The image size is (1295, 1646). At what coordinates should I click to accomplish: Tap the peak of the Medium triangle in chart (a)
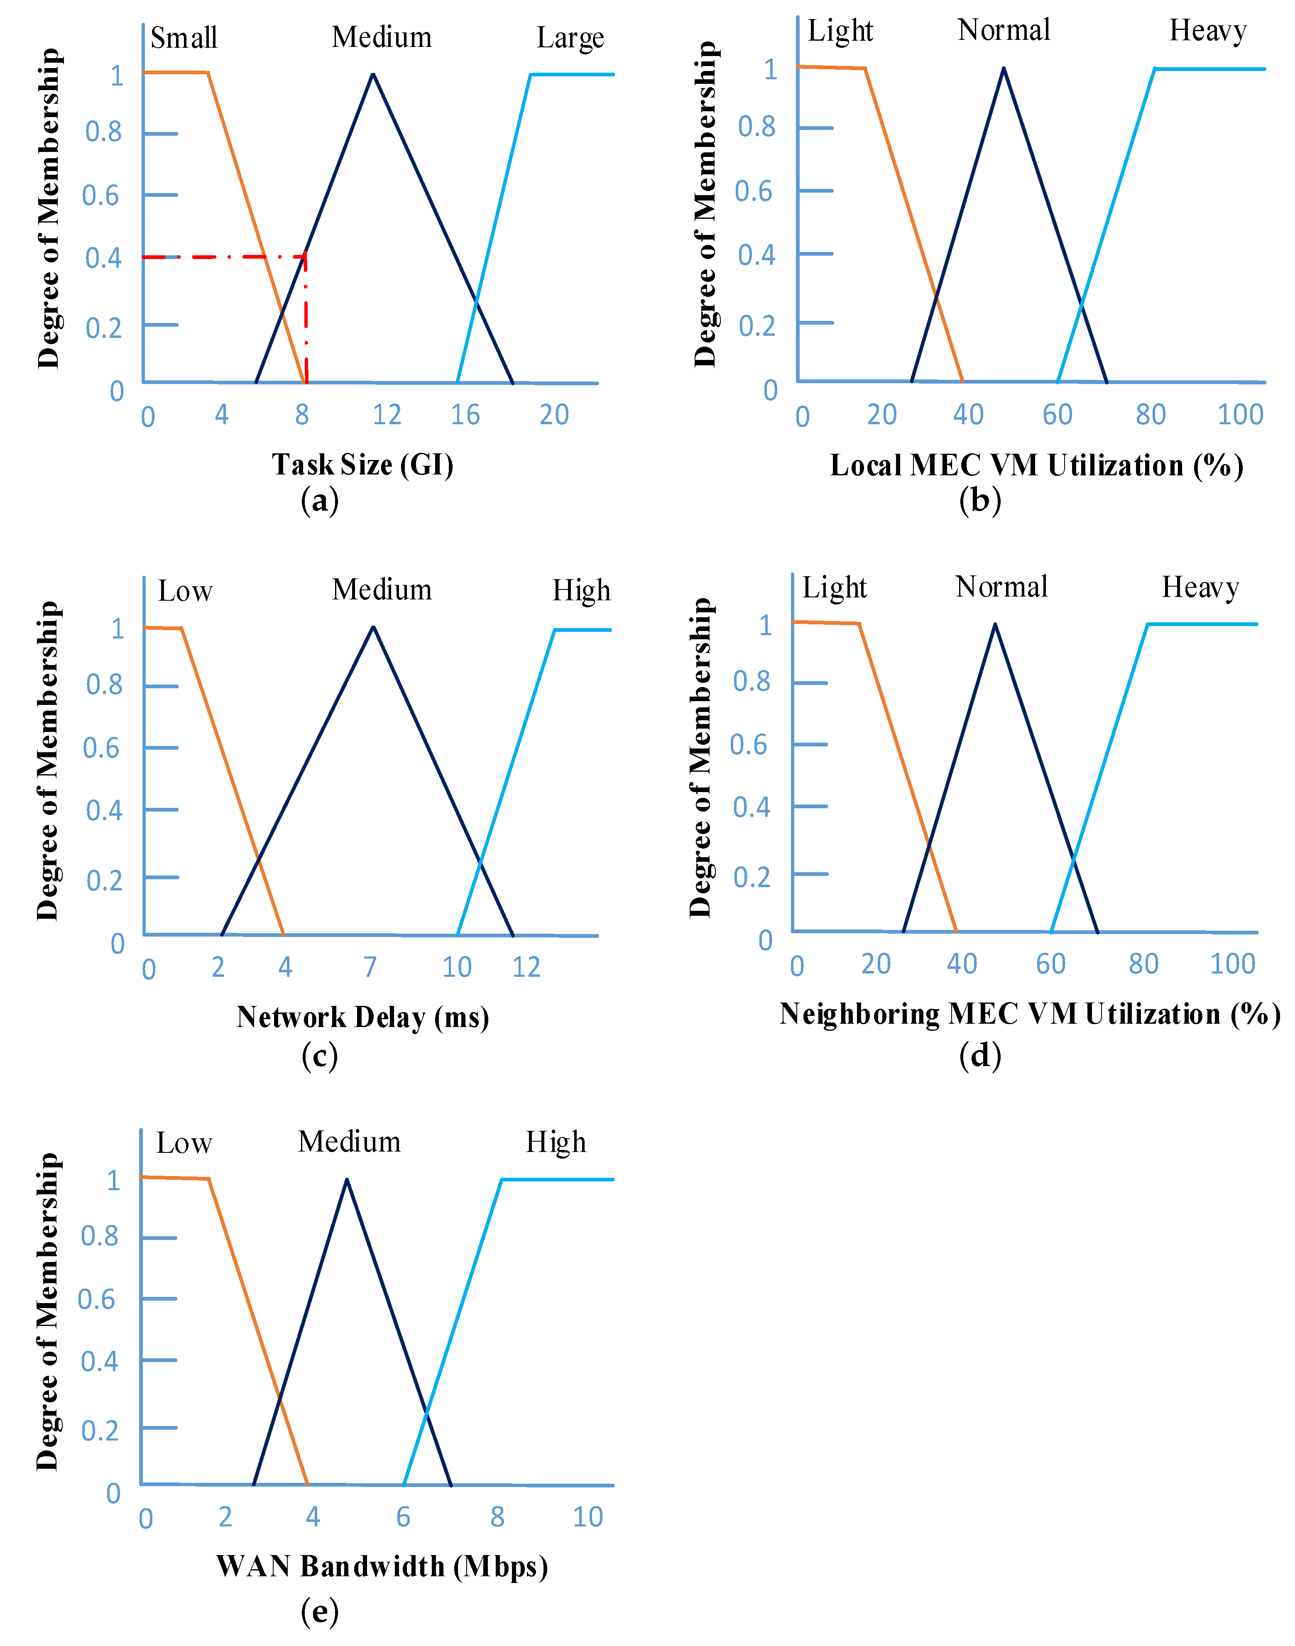(372, 74)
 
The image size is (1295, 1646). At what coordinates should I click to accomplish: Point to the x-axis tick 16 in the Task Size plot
(465, 415)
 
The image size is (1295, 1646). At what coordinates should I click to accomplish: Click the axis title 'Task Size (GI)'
(362, 464)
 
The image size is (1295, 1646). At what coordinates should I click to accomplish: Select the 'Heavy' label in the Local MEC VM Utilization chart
(1207, 31)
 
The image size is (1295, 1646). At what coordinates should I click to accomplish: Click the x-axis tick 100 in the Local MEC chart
(1240, 415)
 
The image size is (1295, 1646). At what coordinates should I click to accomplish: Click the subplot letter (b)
(979, 500)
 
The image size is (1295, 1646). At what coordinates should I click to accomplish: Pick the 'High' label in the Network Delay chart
(581, 591)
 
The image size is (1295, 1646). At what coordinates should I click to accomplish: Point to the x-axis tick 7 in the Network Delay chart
(370, 967)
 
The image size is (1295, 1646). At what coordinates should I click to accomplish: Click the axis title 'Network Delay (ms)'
(362, 1017)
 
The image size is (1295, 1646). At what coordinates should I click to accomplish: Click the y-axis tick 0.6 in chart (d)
(748, 744)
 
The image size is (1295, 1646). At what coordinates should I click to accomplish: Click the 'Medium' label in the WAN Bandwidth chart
(349, 1142)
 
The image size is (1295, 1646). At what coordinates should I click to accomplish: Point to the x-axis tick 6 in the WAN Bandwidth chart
(403, 1517)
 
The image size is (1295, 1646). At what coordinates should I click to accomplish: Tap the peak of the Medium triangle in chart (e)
(347, 1180)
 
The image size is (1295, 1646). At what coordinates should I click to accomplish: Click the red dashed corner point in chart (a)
(306, 257)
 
